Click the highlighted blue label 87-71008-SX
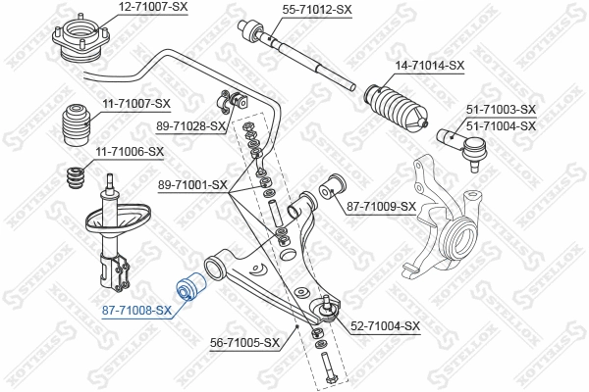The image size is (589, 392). pos(136,311)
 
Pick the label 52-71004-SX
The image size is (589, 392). pos(385,326)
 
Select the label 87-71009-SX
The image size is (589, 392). pos(382,207)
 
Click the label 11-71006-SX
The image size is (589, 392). pos(129,151)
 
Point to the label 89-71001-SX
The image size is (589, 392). pos(191,184)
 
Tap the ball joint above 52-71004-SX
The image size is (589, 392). pos(324,311)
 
